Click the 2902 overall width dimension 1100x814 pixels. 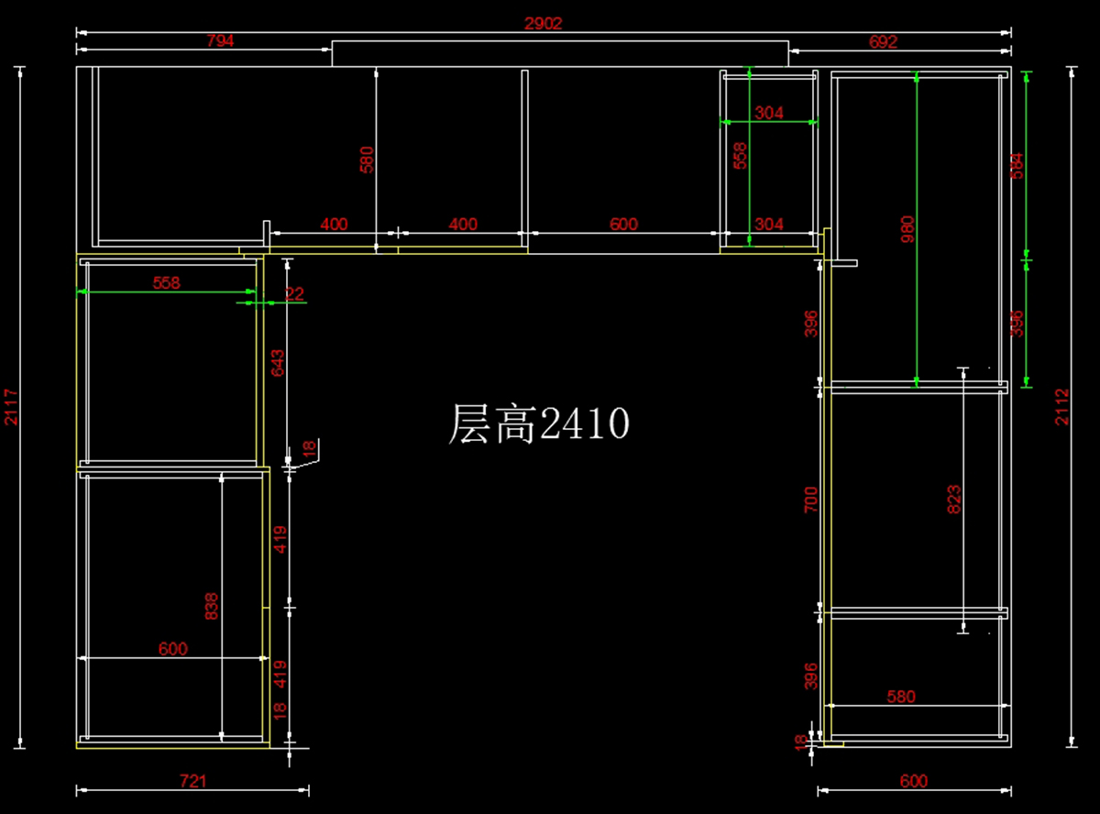(x=543, y=24)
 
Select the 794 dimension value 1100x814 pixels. (x=220, y=41)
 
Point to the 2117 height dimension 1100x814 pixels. (x=11, y=406)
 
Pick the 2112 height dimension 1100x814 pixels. (x=1061, y=406)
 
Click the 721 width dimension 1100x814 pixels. (x=192, y=781)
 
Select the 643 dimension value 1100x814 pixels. (x=278, y=364)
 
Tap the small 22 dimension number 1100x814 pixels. (x=294, y=293)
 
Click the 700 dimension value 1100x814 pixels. (x=811, y=499)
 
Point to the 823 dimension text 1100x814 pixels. (x=954, y=499)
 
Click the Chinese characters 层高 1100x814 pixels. (x=491, y=424)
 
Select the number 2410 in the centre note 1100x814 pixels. (x=584, y=424)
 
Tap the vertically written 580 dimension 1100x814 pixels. (x=367, y=159)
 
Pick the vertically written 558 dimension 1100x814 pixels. (x=741, y=156)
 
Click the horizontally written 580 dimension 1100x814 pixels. (x=901, y=697)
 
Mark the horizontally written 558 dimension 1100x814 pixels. (x=167, y=283)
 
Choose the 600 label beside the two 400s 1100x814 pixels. (x=623, y=224)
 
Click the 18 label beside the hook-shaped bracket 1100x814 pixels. (x=309, y=447)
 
